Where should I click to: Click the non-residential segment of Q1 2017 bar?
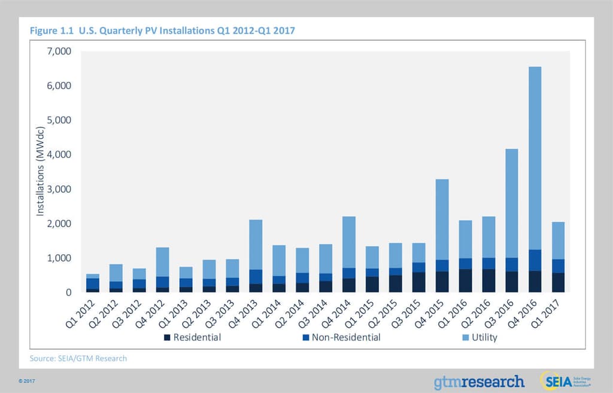tap(558, 266)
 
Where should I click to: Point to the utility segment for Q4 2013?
tap(256, 245)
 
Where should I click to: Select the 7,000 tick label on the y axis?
tap(59, 51)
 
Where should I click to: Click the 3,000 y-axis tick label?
tap(59, 189)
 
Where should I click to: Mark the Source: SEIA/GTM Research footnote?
tap(78, 358)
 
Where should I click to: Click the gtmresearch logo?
tap(479, 381)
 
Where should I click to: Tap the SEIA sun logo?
tap(551, 380)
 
